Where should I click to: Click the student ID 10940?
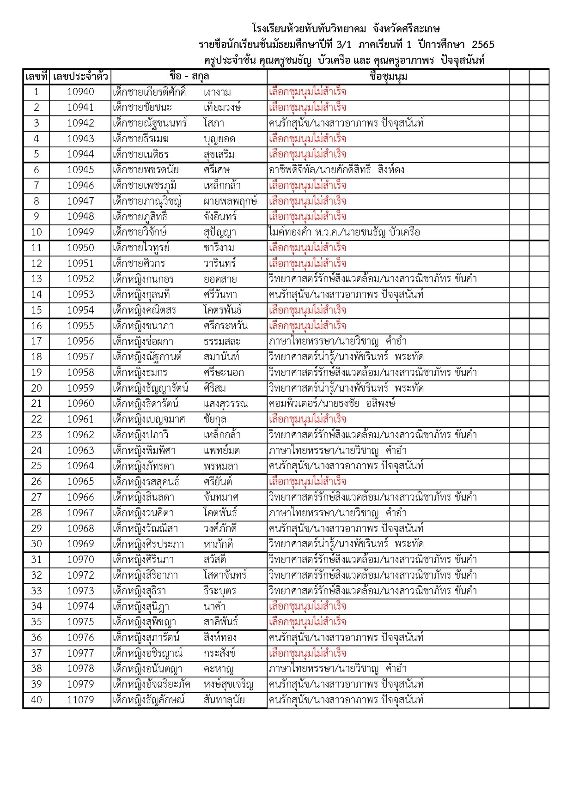click(x=80, y=92)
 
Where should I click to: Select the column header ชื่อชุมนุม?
click(x=388, y=77)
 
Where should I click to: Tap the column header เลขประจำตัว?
click(x=80, y=77)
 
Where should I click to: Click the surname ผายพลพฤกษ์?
click(x=230, y=201)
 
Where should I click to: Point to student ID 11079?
click(x=80, y=700)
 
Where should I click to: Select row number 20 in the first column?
click(x=37, y=388)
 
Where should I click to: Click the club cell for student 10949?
click(x=344, y=232)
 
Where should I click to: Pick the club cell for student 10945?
click(x=336, y=170)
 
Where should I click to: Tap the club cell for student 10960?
click(x=332, y=404)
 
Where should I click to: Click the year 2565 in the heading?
click(x=483, y=45)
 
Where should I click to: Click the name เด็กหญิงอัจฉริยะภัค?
click(x=152, y=684)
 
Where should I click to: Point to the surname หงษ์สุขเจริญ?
click(x=228, y=684)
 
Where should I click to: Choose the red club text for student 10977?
click(x=307, y=653)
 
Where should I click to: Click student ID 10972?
click(x=80, y=575)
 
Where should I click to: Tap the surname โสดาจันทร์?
click(x=225, y=575)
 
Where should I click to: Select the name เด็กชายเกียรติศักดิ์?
click(x=149, y=92)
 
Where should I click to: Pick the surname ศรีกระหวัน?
click(x=226, y=326)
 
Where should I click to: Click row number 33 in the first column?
click(x=37, y=591)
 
